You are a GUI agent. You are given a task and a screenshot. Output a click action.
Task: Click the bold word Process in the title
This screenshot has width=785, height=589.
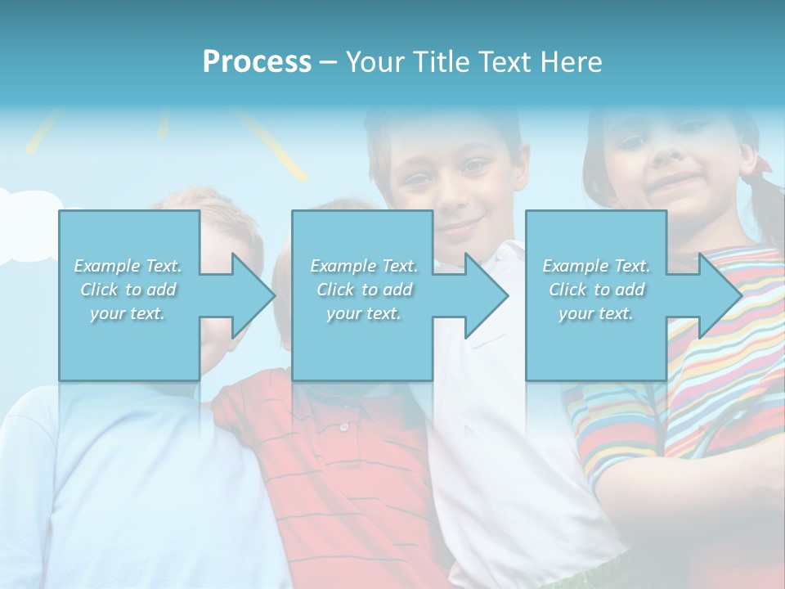click(257, 62)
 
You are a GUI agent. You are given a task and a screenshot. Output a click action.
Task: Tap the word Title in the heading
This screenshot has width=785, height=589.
click(438, 62)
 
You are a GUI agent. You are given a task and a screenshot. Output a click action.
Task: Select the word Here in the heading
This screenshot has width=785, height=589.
click(571, 62)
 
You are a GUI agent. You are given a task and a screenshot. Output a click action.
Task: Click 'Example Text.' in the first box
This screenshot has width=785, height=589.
click(128, 266)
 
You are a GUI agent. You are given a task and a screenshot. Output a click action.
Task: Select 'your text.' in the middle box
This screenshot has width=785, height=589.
click(363, 313)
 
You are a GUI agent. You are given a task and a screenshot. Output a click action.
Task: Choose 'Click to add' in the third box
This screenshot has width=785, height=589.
click(596, 290)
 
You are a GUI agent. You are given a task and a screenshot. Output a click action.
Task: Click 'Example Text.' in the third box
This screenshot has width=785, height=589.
click(596, 266)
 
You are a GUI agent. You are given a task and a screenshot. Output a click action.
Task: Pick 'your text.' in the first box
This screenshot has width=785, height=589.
click(128, 313)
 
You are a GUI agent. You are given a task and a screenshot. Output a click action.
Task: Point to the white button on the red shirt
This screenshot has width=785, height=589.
click(344, 427)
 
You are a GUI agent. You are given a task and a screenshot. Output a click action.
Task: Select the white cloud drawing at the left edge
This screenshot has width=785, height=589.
click(29, 225)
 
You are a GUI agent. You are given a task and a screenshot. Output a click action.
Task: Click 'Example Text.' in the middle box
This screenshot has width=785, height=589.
click(363, 266)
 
